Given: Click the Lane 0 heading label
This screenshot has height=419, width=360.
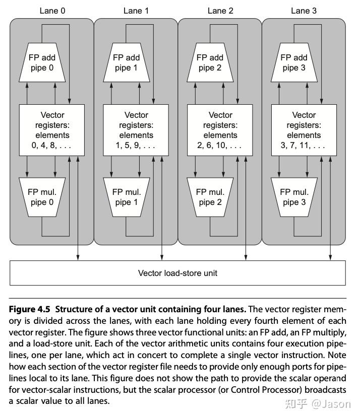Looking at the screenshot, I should point(52,11).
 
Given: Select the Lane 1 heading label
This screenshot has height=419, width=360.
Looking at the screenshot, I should point(136,11).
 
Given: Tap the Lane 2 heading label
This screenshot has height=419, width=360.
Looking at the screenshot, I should point(220,11).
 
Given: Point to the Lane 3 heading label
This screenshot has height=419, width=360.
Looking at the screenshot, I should point(304,11).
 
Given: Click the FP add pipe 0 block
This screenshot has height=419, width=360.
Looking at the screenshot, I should point(41,63).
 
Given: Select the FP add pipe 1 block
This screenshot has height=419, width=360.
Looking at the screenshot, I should point(126,63).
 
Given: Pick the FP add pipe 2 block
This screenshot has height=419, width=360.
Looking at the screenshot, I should point(210,63).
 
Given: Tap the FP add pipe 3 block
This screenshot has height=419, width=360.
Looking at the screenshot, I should point(293,63).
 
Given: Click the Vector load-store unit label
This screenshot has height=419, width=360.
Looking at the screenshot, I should point(178,273).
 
